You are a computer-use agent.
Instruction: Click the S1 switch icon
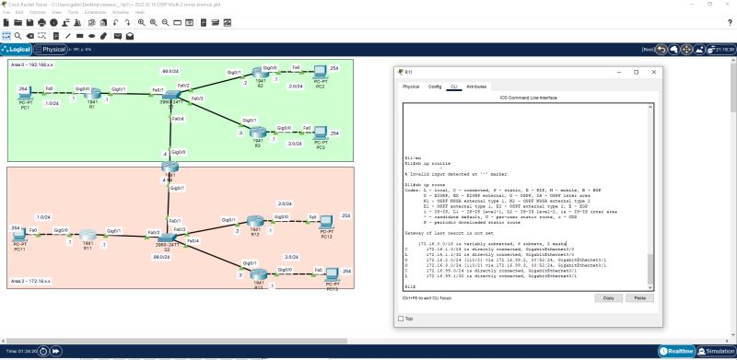pyautogui.click(x=170, y=96)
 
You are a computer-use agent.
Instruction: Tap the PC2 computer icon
pyautogui.click(x=320, y=72)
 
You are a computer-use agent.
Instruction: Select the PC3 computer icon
pyautogui.click(x=320, y=133)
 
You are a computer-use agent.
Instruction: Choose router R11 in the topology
pyautogui.click(x=88, y=236)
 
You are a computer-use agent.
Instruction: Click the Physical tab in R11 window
pyautogui.click(x=411, y=87)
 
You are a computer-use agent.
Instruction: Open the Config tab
pyautogui.click(x=435, y=87)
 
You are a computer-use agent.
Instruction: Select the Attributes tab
pyautogui.click(x=476, y=87)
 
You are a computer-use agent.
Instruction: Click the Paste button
pyautogui.click(x=636, y=298)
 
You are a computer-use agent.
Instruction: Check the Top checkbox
pyautogui.click(x=401, y=319)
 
